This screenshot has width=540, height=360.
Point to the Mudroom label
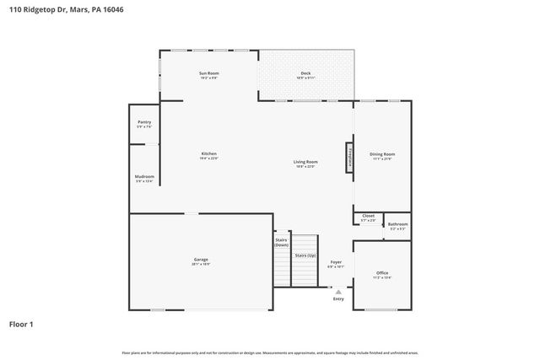(x=144, y=178)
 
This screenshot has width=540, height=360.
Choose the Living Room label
(x=305, y=164)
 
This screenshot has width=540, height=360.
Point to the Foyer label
(x=336, y=264)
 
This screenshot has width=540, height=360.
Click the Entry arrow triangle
(x=338, y=292)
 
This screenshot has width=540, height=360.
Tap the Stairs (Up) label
(x=305, y=255)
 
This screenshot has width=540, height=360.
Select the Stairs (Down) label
(x=282, y=242)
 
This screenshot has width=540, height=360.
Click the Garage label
(x=200, y=261)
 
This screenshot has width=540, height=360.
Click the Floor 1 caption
(x=21, y=324)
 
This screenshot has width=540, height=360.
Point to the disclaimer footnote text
(x=270, y=352)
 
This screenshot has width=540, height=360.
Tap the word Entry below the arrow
(x=338, y=298)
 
